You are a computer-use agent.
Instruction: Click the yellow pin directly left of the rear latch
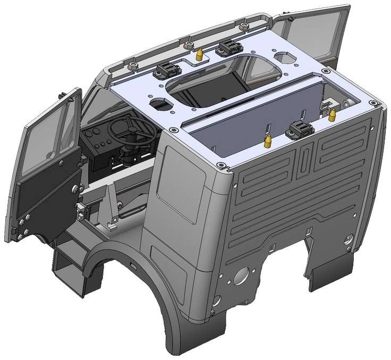[267, 141]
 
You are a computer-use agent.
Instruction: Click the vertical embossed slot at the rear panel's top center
[302, 162]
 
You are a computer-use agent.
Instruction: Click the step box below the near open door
[69, 266]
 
